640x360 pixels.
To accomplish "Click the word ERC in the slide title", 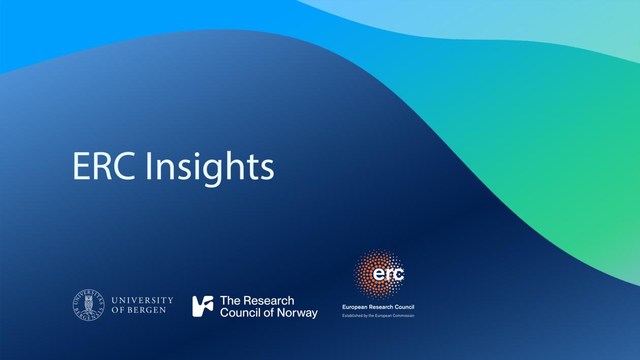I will pos(104,166).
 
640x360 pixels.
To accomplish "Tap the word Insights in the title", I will pos(210,167).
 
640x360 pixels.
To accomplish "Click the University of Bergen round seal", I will pos(88,305).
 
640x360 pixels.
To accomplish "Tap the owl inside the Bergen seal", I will pos(88,305).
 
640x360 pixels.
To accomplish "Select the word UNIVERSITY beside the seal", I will pos(142,301).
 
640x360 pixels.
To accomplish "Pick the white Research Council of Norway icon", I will pos(203,306).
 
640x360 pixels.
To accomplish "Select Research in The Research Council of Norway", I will pos(269,301).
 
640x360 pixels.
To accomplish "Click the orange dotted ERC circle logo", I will pos(379,274).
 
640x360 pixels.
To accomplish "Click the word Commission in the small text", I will pos(403,316).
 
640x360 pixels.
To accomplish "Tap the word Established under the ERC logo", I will pos(352,316).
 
